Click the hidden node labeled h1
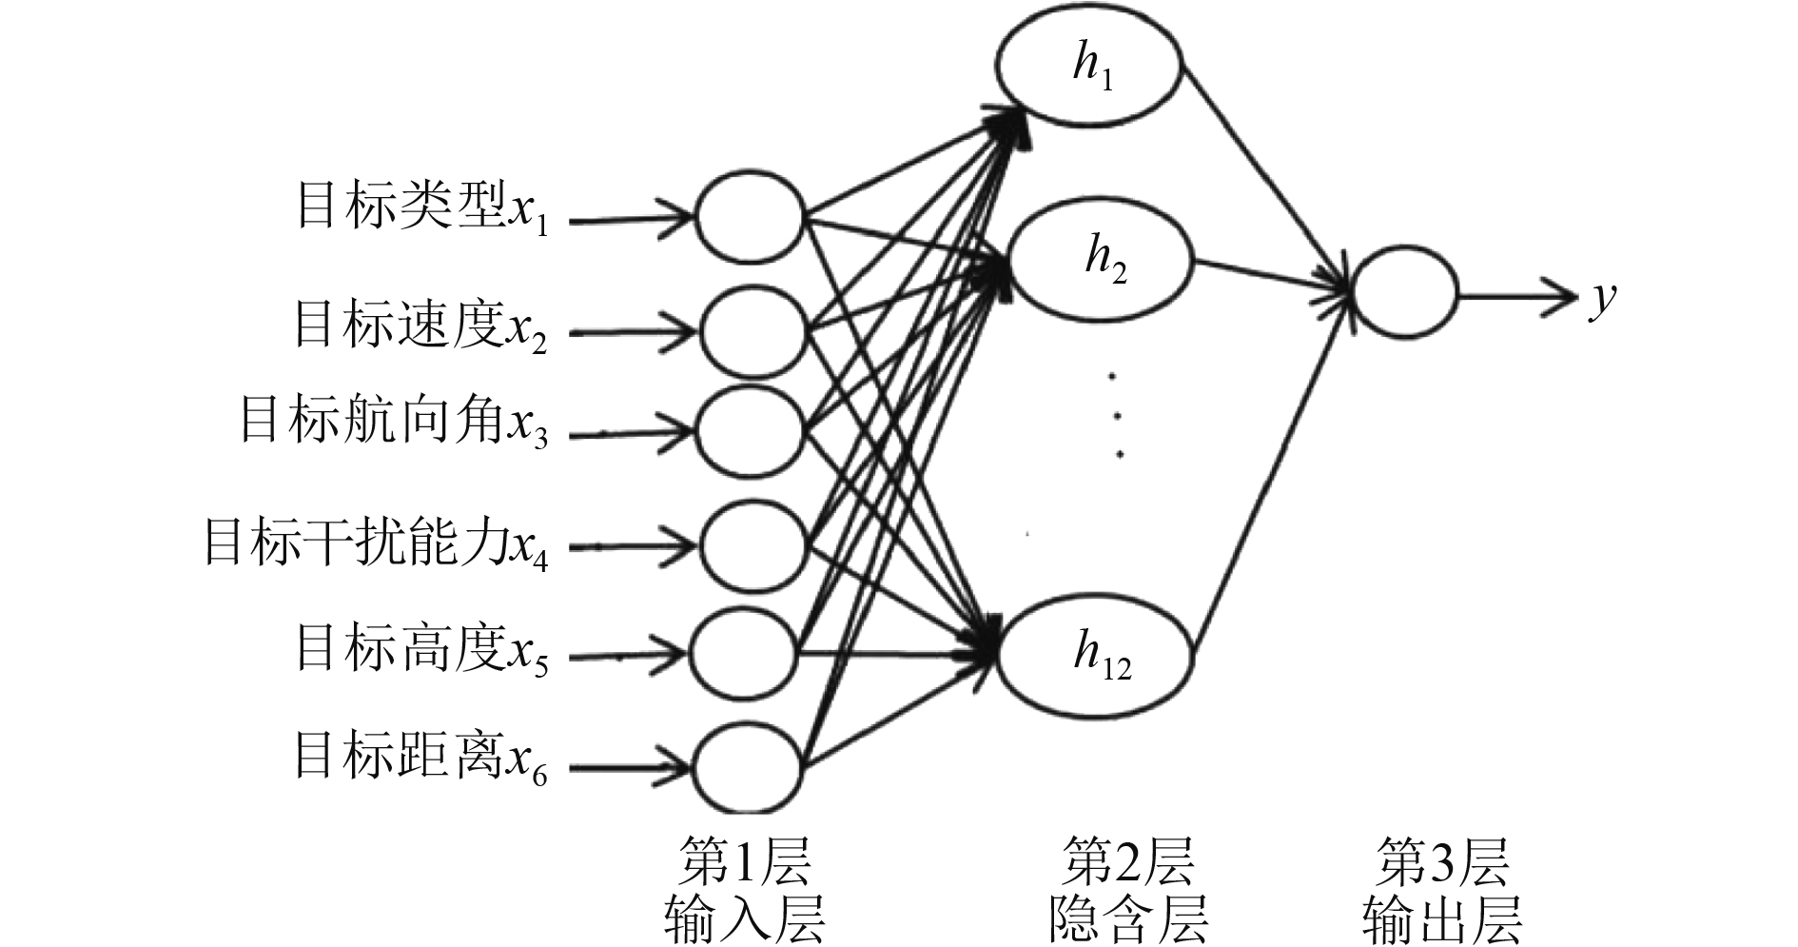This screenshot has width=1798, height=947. click(1089, 66)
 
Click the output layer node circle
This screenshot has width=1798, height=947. click(1404, 294)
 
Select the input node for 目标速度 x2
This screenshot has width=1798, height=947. click(752, 330)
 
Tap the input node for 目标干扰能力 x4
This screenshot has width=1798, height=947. click(752, 545)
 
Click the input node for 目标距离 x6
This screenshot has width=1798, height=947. click(747, 766)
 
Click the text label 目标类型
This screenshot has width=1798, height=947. click(400, 205)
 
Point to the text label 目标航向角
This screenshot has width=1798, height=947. click(371, 420)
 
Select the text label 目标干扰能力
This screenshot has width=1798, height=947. click(357, 542)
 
